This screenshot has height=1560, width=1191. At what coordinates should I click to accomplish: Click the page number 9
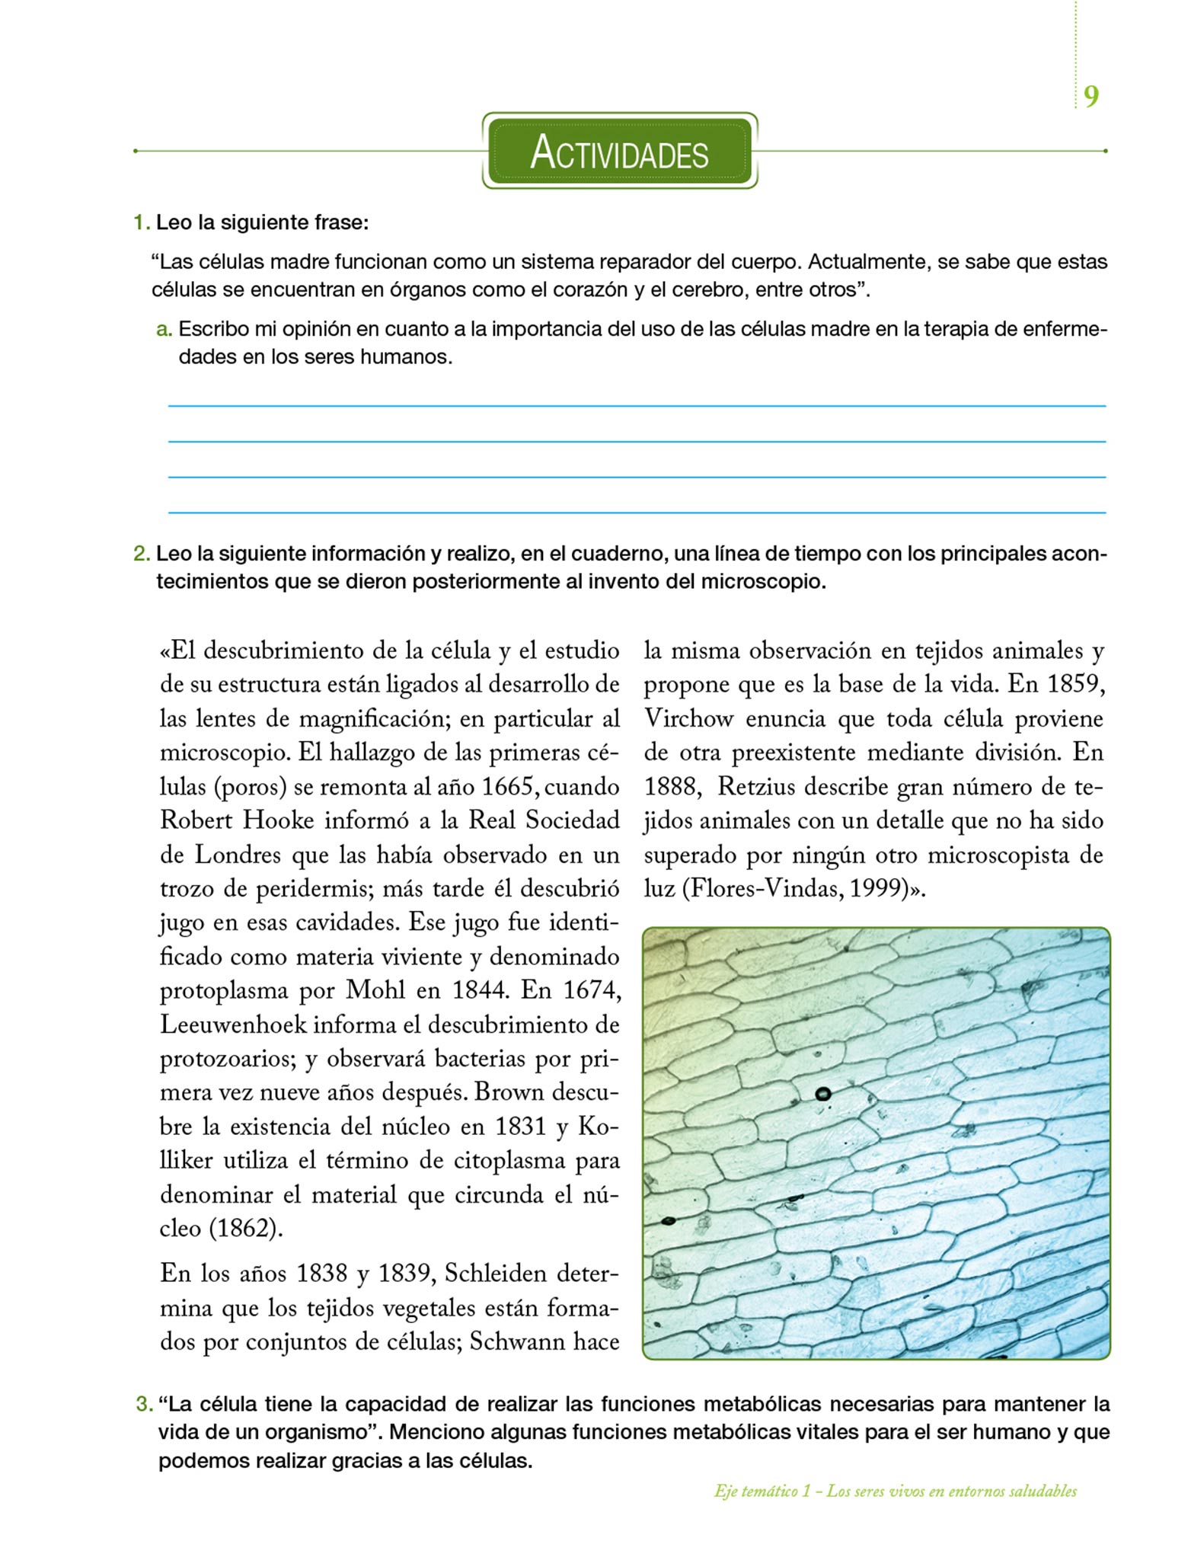[1091, 97]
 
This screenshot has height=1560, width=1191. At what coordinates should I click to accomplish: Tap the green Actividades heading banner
[619, 151]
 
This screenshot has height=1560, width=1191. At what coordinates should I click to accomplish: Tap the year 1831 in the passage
[522, 1127]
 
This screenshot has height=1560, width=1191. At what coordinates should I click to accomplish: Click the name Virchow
[688, 718]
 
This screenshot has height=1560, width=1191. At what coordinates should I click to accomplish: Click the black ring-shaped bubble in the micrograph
[822, 1094]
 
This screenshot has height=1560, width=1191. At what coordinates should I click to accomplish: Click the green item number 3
[144, 1404]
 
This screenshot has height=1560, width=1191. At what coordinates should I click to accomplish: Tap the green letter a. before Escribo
[164, 330]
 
